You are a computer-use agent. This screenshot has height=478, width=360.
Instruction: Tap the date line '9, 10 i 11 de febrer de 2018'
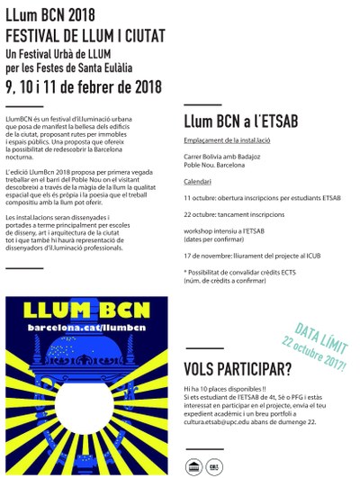coord(83,87)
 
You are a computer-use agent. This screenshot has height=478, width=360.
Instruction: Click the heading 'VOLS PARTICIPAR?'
coord(238,369)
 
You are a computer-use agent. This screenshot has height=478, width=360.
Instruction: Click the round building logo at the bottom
coord(193,465)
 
